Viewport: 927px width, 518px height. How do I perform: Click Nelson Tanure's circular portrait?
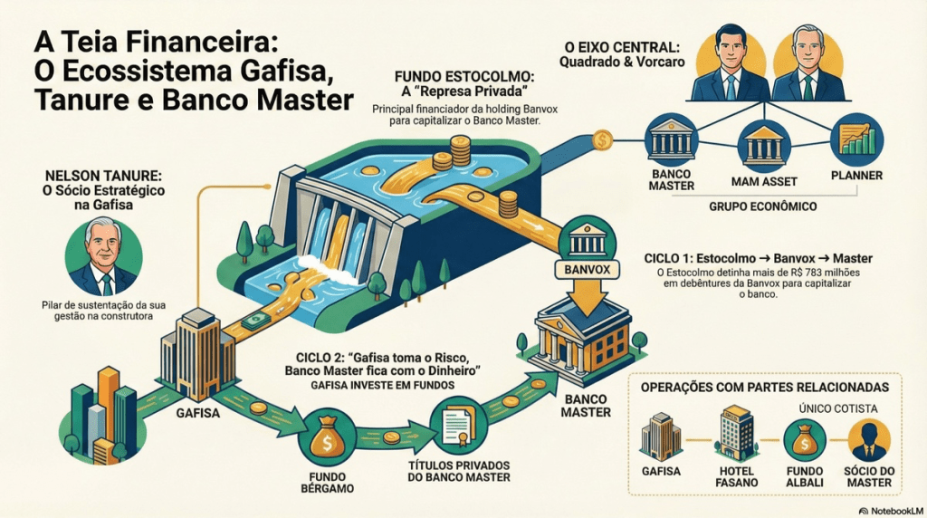(102, 256)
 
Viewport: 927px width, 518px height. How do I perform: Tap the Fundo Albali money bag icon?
(804, 439)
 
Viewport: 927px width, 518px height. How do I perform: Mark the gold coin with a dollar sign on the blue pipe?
(601, 140)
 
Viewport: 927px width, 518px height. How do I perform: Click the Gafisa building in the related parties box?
(660, 436)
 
